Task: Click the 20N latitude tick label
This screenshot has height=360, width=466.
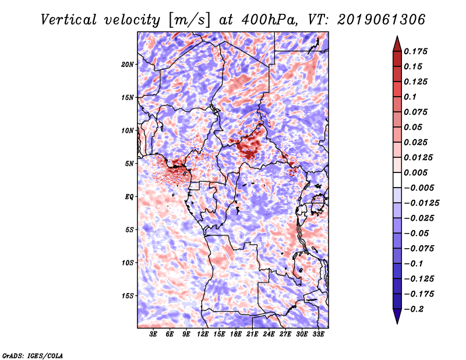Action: [128, 64]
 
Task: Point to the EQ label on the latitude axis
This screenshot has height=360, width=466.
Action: [129, 197]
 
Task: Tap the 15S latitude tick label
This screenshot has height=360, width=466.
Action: [128, 296]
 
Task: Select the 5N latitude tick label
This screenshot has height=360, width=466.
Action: [129, 164]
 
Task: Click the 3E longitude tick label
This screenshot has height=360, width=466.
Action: [154, 334]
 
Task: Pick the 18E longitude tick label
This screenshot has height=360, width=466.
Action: [236, 334]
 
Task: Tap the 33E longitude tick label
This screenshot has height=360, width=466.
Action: [319, 334]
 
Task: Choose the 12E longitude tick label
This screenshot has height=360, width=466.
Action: [203, 334]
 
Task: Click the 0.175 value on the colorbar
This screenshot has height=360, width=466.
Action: [417, 51]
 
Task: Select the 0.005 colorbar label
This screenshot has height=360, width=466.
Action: [417, 172]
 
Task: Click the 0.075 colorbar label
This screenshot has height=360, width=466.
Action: [417, 112]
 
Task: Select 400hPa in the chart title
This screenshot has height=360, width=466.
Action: [269, 20]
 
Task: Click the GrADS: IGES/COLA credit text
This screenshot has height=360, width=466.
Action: [32, 355]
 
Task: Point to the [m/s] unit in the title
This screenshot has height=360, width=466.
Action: [187, 20]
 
